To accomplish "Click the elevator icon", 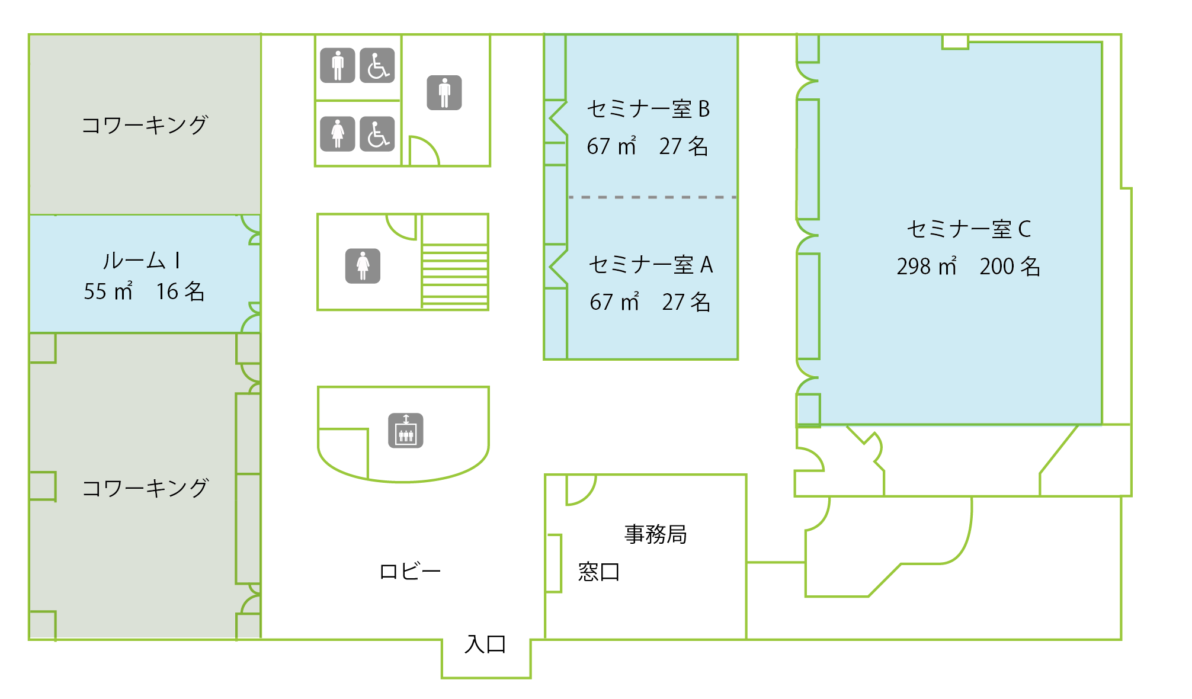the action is coord(406,431).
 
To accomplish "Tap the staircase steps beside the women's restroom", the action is coord(455,277).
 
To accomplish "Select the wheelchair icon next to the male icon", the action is coord(377,65).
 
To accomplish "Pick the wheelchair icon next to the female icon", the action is coord(377,134).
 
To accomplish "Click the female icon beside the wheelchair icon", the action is coord(338,134).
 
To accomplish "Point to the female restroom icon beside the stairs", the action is coord(363,266).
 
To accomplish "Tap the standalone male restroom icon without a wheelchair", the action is coord(444,92).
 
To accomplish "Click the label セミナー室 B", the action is coord(648,109).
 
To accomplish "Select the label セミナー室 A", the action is coord(651,265).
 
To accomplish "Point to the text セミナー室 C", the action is coord(969,229).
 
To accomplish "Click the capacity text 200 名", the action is coord(1010,267).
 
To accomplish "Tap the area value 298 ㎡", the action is coord(927,267).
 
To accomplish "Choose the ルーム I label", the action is coord(142,261).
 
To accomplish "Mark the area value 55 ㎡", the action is coord(108,291).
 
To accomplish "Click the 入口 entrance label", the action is coord(485,644).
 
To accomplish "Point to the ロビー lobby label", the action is coord(410,572).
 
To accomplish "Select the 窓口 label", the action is coord(599,572).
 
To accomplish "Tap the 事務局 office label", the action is coord(655,534).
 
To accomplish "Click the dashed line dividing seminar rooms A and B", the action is coord(652,197).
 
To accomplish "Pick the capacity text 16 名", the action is coord(180,291).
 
